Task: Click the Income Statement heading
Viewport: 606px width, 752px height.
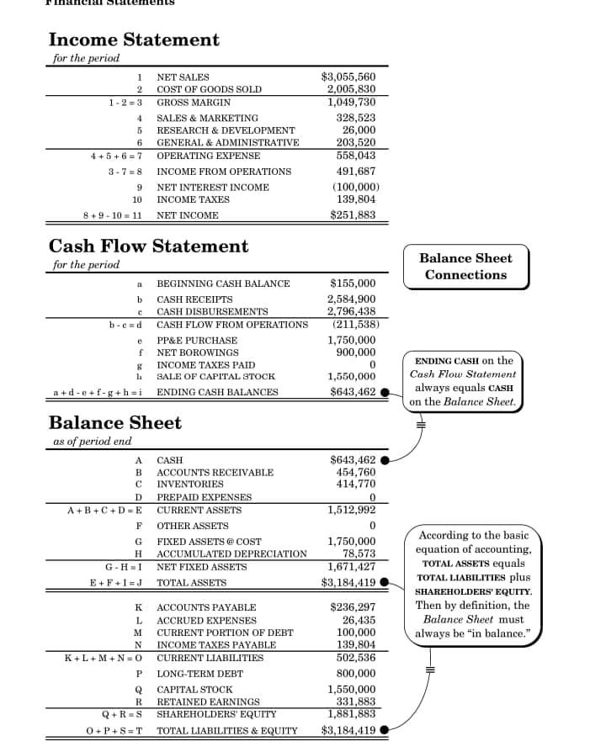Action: coord(134,40)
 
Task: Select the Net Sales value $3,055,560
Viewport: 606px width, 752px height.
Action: coord(348,77)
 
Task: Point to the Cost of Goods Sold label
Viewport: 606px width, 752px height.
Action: coord(209,89)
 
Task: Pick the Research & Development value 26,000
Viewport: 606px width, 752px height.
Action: coord(359,130)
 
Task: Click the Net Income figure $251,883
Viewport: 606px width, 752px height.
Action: coord(353,214)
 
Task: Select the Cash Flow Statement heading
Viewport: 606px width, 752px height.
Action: coord(148,246)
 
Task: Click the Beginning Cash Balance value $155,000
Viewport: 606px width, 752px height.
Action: coord(353,283)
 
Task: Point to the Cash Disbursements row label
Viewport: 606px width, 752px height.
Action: coord(212,312)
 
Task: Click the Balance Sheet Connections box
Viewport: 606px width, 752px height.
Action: coord(465,267)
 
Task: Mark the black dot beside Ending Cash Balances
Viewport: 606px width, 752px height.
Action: coord(385,392)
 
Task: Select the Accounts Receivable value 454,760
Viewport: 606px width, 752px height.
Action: coord(356,472)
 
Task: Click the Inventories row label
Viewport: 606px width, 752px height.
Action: coord(190,485)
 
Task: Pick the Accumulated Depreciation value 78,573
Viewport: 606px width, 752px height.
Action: coord(359,553)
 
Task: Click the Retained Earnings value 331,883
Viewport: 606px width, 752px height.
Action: coord(356,702)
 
